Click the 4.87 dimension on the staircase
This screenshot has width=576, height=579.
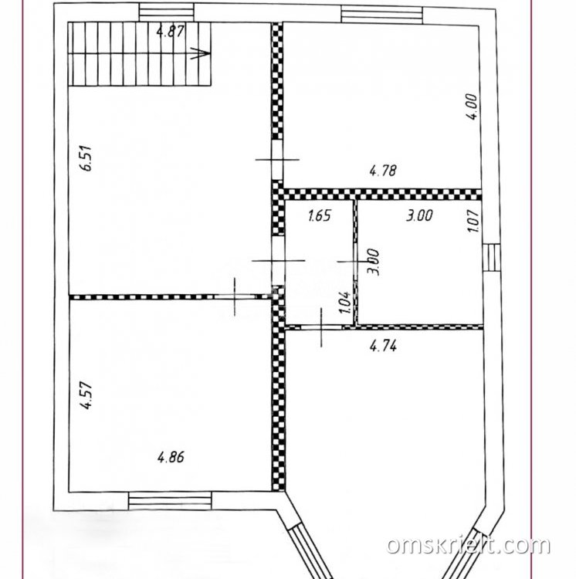(x=170, y=31)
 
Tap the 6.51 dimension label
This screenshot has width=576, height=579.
(x=87, y=158)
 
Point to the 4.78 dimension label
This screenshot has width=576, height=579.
(x=383, y=171)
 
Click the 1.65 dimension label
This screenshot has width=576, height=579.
(x=320, y=215)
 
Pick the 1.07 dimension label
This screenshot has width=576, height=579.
(x=473, y=221)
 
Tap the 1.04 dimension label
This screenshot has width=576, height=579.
(x=344, y=303)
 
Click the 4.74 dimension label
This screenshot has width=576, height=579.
(x=383, y=346)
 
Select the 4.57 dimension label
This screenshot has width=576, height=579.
(x=87, y=396)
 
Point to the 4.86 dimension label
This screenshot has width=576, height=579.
(x=171, y=458)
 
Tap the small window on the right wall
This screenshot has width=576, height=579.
(x=491, y=258)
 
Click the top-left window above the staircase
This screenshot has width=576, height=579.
(x=167, y=12)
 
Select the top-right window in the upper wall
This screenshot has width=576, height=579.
(x=381, y=15)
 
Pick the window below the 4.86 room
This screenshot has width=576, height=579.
(x=170, y=501)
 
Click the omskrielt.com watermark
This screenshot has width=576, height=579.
(x=468, y=546)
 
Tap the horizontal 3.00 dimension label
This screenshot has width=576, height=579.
(x=419, y=215)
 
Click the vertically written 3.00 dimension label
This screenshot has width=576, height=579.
(x=373, y=262)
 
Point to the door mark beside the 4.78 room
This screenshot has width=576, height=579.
(x=277, y=160)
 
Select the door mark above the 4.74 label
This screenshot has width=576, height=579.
(x=321, y=327)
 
